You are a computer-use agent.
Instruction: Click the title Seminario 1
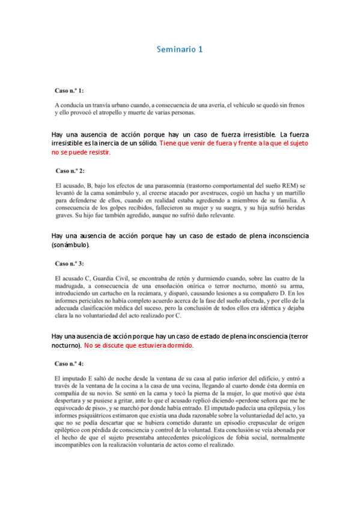[180, 49]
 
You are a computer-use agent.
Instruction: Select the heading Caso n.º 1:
[70, 90]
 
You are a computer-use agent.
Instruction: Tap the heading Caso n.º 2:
[70, 171]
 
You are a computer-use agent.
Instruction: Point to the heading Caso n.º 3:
[70, 263]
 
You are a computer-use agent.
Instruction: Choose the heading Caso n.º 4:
[70, 364]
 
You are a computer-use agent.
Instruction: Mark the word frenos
[294, 105]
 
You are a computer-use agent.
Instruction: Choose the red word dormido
[177, 346]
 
